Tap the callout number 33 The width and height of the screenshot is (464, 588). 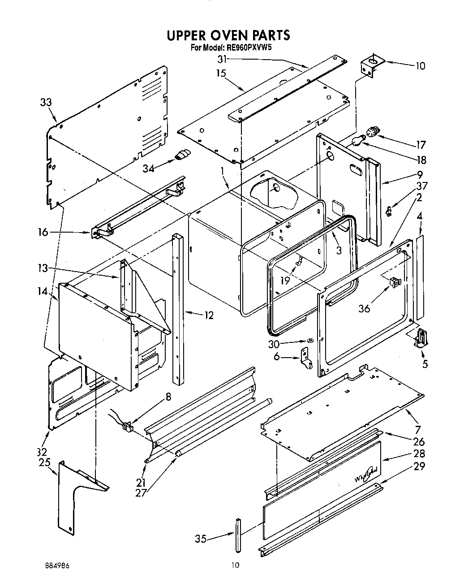click(x=46, y=102)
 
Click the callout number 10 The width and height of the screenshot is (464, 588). click(x=420, y=66)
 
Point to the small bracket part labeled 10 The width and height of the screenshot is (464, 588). click(x=371, y=65)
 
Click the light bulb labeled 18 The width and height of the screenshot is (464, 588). click(x=357, y=142)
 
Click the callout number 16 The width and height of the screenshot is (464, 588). click(x=43, y=232)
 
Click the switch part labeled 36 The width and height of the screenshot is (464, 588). click(x=395, y=282)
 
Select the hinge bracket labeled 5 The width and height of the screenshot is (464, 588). click(x=421, y=337)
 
